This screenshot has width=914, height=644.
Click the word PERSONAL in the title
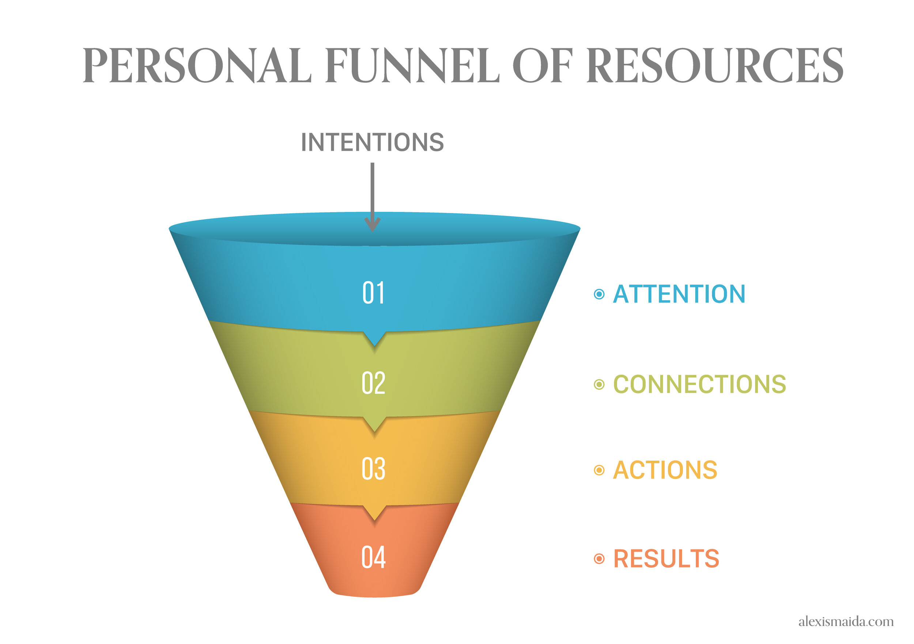coord(197,66)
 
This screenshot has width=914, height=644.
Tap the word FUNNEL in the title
coord(412,66)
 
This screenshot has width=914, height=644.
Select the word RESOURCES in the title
coord(714,66)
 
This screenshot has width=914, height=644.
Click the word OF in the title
coord(543,66)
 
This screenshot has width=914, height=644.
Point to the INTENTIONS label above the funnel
coord(372,142)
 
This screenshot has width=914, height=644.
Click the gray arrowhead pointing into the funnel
coord(373,225)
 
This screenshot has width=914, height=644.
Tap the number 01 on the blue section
coord(373,293)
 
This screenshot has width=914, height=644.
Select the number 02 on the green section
coord(373,383)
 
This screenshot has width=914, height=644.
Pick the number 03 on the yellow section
coord(373,469)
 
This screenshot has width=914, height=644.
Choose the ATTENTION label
coord(679,294)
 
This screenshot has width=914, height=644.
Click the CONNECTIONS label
coord(699,384)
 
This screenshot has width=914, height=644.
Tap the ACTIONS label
coord(665,470)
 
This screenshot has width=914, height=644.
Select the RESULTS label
coord(666,559)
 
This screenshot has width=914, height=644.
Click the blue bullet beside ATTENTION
coord(599,294)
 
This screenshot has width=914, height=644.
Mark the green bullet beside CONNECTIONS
coord(599,385)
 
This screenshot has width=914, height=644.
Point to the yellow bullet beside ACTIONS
coord(599,470)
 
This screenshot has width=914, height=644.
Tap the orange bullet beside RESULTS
coord(599,559)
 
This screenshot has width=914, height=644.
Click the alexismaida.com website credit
coord(846,621)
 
